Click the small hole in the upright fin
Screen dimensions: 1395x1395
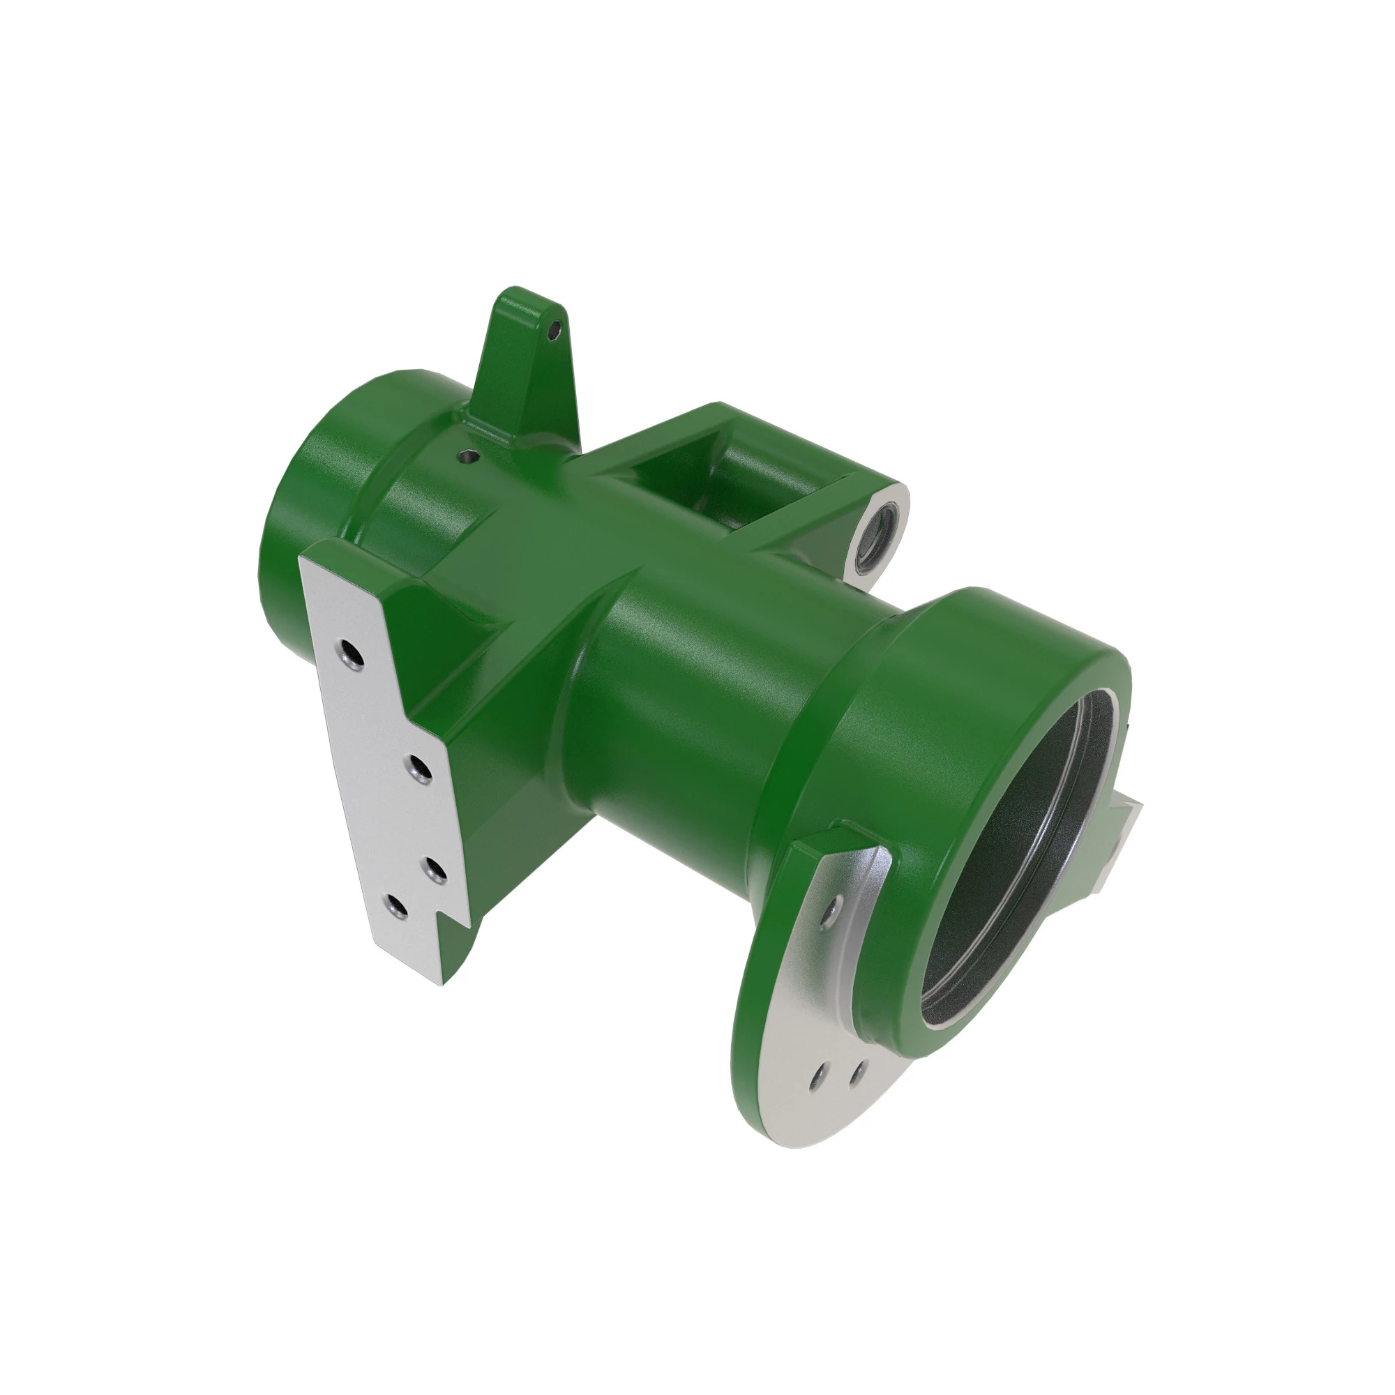pos(554,331)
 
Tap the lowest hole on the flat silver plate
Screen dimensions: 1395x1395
pos(394,907)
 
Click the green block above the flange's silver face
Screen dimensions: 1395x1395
pos(823,845)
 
